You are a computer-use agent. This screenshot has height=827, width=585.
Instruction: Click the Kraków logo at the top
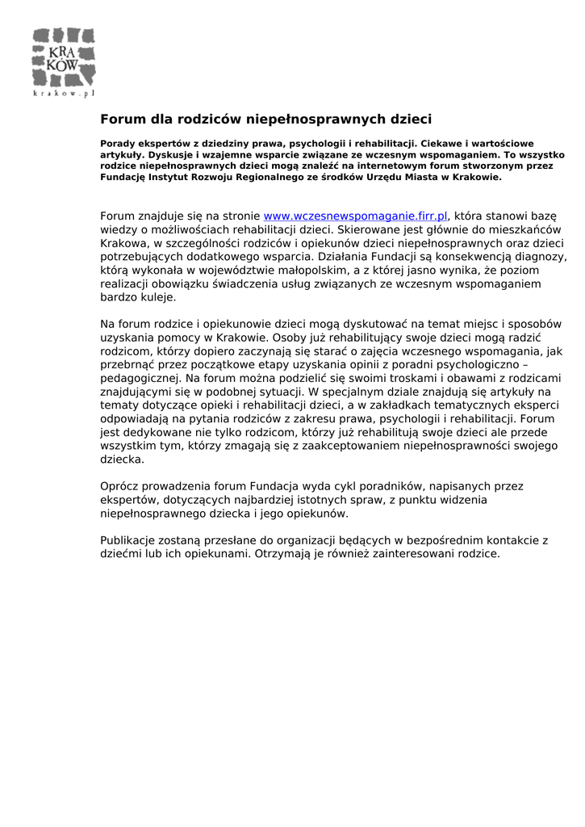pyautogui.click(x=63, y=57)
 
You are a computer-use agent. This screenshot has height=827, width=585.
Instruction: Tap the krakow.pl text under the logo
pyautogui.click(x=64, y=93)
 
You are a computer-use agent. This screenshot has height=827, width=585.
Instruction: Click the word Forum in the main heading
pyautogui.click(x=123, y=120)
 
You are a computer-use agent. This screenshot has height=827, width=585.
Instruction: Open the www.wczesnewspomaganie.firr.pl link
pyautogui.click(x=356, y=216)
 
